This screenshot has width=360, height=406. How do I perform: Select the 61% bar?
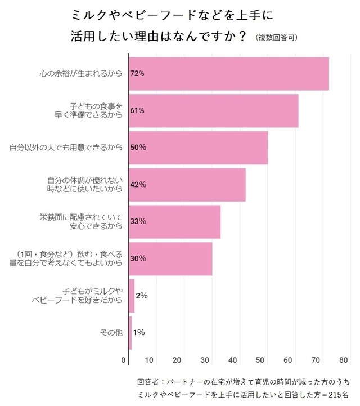pos(214,110)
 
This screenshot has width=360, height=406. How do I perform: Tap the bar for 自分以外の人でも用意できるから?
pos(199,148)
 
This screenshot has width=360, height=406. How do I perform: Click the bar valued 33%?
pos(175,221)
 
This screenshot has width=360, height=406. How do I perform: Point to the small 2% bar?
pos(132,296)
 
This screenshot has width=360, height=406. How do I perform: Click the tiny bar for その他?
pos(130,332)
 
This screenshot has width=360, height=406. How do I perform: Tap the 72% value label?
pos(138,74)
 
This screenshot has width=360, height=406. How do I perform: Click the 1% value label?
pos(139,332)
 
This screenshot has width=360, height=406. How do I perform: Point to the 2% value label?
pos(142,296)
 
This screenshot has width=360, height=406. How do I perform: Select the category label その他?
pos(111,332)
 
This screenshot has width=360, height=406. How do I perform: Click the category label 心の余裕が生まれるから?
pos(81,74)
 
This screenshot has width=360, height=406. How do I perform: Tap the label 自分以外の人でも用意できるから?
pos(66,148)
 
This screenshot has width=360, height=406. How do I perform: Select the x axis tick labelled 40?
pos(232,360)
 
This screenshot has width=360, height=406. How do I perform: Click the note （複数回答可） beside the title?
pos(277,38)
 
